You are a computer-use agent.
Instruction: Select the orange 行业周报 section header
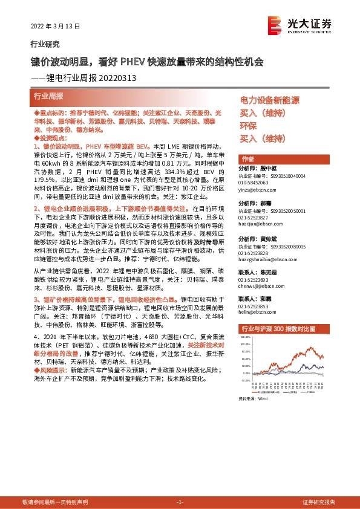48,96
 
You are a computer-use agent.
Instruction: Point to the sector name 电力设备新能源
270,100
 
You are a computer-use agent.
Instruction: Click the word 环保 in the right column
249,126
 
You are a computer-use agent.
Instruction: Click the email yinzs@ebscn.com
257,188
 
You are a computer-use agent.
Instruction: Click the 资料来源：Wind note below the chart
253,399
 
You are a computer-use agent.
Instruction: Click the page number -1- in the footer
179,502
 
